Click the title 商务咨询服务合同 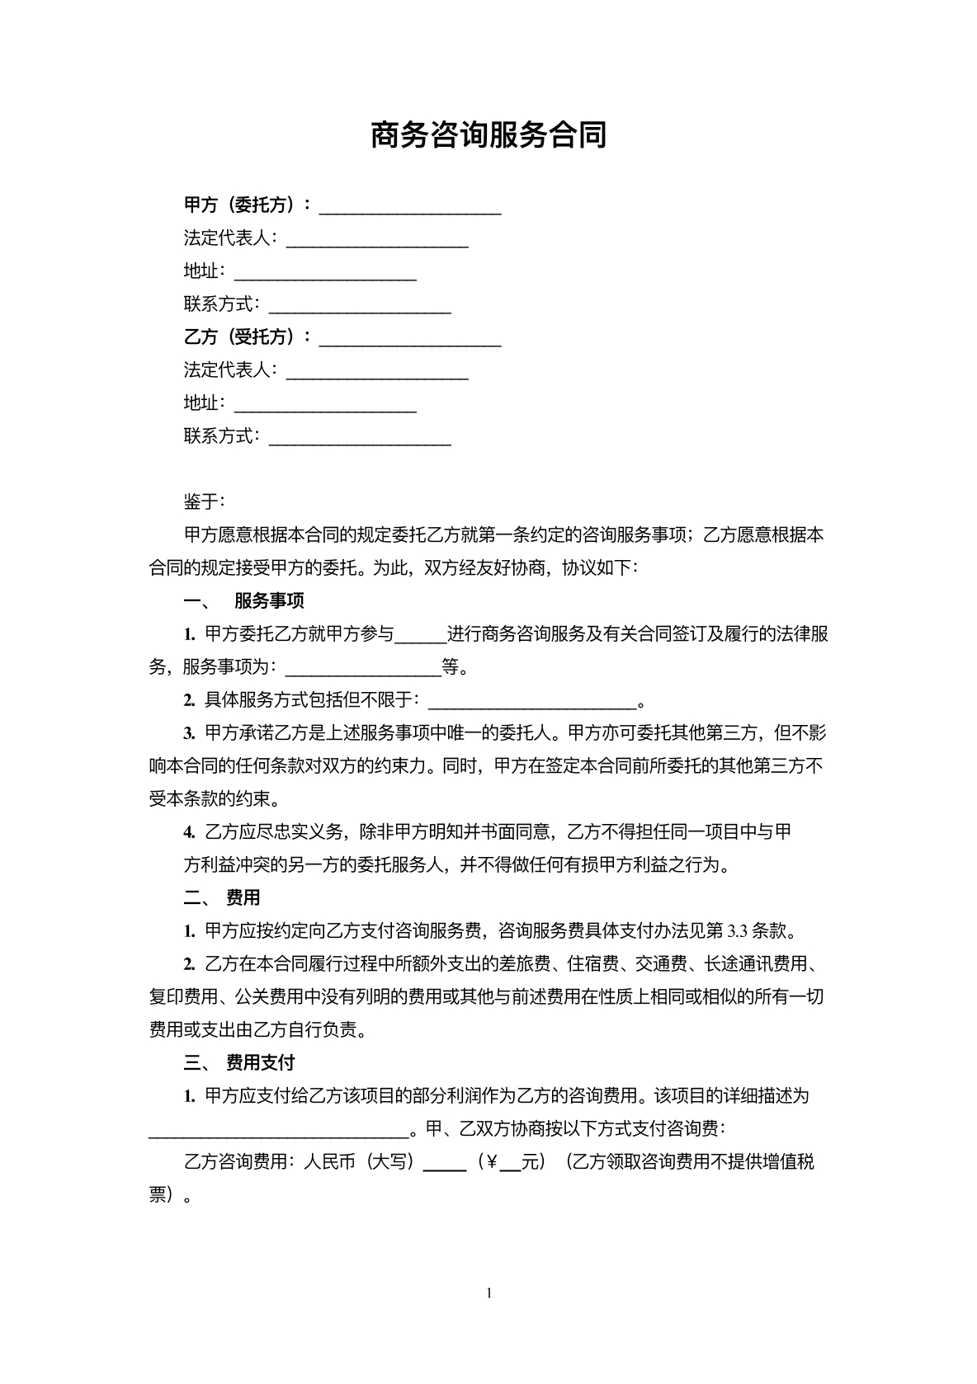click(x=489, y=134)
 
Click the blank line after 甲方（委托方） click(x=410, y=207)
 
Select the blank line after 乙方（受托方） click(x=410, y=339)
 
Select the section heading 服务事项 click(x=269, y=600)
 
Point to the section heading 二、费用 click(x=222, y=897)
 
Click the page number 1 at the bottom click(x=489, y=1292)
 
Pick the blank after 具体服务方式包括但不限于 click(x=533, y=703)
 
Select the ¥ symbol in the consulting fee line click(x=492, y=1162)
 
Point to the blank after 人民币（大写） click(x=445, y=1165)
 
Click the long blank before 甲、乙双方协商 click(x=278, y=1132)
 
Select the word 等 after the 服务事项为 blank click(x=451, y=666)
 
